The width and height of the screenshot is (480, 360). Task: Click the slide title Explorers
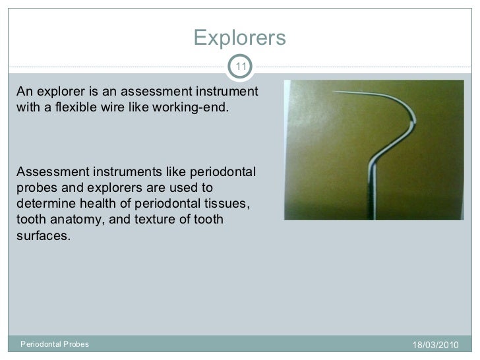tap(239, 38)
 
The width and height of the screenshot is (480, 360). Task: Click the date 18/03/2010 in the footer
tap(433, 345)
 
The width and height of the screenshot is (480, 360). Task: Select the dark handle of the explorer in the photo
tap(369, 198)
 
